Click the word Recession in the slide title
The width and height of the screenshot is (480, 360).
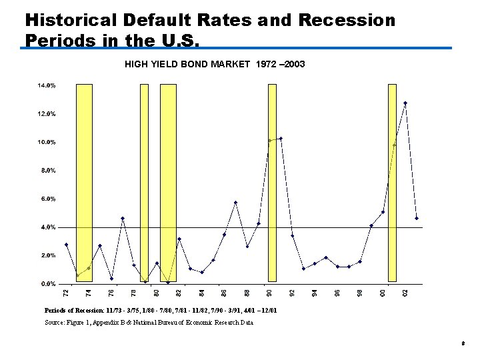click(x=347, y=20)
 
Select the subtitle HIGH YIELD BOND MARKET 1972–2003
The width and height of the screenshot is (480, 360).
click(x=215, y=65)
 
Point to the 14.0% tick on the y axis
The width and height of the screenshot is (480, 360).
click(x=46, y=86)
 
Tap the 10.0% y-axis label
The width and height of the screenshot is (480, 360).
click(x=46, y=143)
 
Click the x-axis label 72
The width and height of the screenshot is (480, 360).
click(x=65, y=293)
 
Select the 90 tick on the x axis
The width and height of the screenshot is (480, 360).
click(x=269, y=293)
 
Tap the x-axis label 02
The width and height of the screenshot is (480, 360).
click(x=405, y=293)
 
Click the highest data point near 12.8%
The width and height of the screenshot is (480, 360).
click(x=405, y=103)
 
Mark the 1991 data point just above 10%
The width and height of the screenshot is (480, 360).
click(x=281, y=139)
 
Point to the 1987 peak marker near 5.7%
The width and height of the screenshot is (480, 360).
click(x=235, y=203)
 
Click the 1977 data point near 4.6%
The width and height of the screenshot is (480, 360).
click(x=123, y=219)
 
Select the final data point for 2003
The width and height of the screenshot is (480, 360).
click(x=417, y=219)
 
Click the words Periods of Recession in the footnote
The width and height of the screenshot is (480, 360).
click(x=74, y=311)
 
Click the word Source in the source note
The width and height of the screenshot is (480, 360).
click(x=55, y=323)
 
